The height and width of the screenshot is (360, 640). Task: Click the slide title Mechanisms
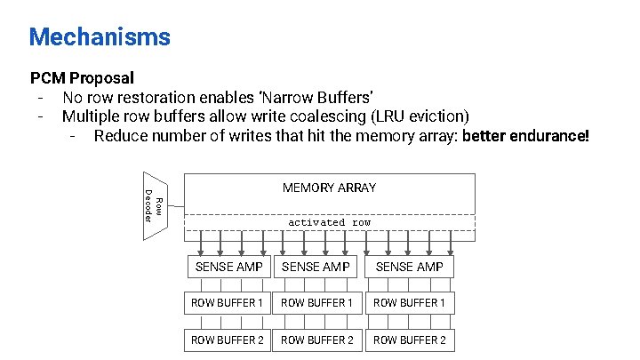(99, 36)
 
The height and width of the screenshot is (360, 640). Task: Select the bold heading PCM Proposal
(82, 79)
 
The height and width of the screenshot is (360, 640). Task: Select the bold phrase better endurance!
(525, 136)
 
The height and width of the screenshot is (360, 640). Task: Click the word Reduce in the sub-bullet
(119, 136)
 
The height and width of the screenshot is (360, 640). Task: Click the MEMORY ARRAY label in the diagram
(329, 188)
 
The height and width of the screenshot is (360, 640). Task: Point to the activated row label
(329, 222)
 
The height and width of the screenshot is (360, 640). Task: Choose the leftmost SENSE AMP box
(228, 266)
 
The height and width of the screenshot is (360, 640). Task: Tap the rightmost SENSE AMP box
(409, 266)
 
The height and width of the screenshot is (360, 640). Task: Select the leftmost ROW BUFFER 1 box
(228, 303)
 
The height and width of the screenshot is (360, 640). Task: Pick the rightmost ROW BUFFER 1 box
(409, 303)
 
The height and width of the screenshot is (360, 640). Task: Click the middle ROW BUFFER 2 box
(316, 340)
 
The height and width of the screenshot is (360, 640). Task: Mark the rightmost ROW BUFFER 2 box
(409, 340)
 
